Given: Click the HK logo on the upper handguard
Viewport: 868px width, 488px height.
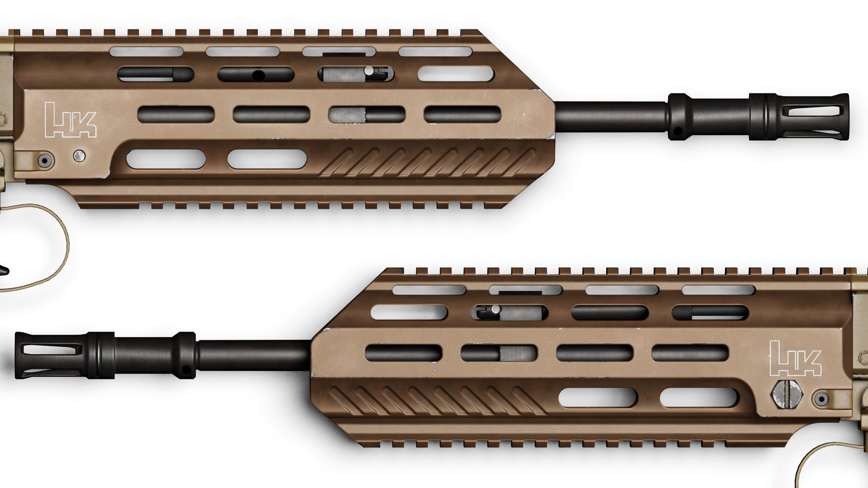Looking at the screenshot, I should [71, 120].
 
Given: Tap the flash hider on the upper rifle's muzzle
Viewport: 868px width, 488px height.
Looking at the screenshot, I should [814, 117].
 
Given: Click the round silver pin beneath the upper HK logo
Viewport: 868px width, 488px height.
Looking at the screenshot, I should [79, 156].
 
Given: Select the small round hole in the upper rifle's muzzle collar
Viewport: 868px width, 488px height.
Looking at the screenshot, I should [677, 131].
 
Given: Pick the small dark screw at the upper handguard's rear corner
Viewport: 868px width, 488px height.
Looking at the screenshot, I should [44, 160].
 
